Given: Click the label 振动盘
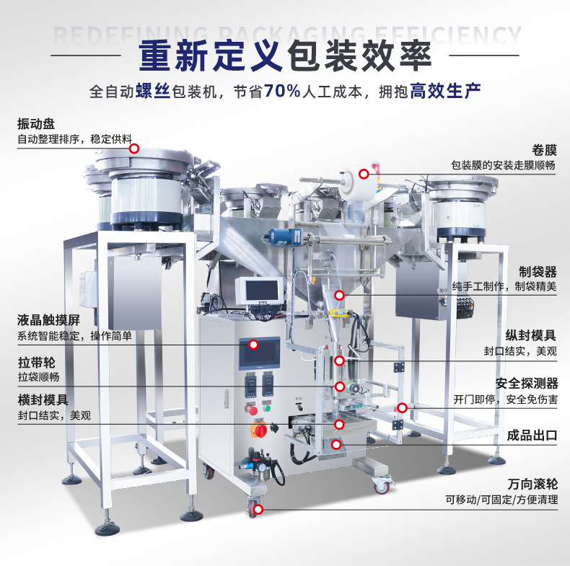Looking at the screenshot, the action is coord(36,124).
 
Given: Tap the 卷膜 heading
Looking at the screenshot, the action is coord(544,150).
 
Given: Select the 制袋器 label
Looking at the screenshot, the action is coord(538,272).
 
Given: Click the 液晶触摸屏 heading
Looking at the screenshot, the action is coord(48,320).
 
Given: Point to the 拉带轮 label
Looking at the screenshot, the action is coord(36,363).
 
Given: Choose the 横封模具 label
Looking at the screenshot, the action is coord(43,400).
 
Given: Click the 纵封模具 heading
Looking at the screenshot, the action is coord(531,335).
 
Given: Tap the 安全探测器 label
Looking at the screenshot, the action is coord(527,384).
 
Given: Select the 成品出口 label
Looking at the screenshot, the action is coord(532,435).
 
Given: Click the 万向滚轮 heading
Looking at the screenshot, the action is coord(532,484).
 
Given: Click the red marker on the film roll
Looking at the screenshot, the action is coord(364,174).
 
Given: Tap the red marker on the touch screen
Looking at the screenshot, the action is coord(254,345).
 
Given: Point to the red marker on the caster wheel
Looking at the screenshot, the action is coord(258,509).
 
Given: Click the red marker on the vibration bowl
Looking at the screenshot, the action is coord(134,149).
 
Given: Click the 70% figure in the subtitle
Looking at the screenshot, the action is coord(282,91).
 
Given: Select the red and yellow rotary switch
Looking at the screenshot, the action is coord(260,430).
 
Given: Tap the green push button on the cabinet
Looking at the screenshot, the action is coord(267,408).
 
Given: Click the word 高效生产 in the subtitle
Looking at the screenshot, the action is coord(446,91).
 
